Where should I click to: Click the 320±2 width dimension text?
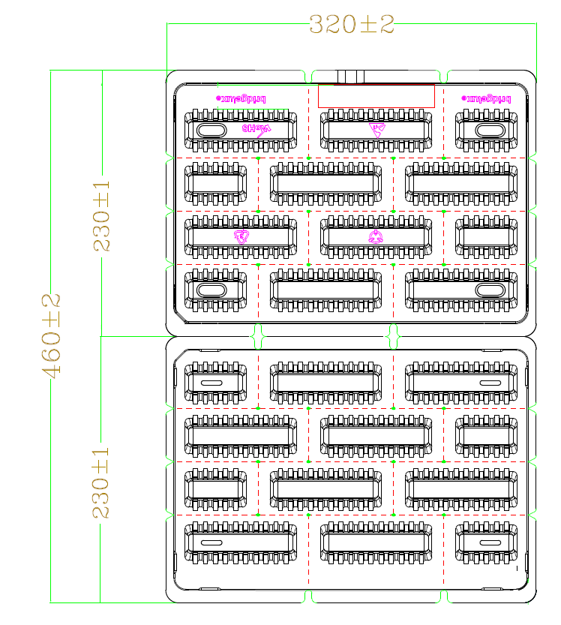(351, 24)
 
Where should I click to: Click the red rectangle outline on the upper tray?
(376, 95)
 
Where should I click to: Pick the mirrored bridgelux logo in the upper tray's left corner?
(241, 98)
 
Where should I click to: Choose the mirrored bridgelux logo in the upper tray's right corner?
(487, 98)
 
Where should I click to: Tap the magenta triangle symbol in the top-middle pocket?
(376, 128)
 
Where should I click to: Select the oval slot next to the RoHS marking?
(211, 130)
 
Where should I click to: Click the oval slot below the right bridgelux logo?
(488, 130)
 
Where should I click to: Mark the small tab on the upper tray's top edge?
(350, 77)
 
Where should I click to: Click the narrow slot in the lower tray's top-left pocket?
(211, 383)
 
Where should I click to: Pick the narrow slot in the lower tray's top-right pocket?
(489, 383)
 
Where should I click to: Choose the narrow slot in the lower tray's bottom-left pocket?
(211, 542)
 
